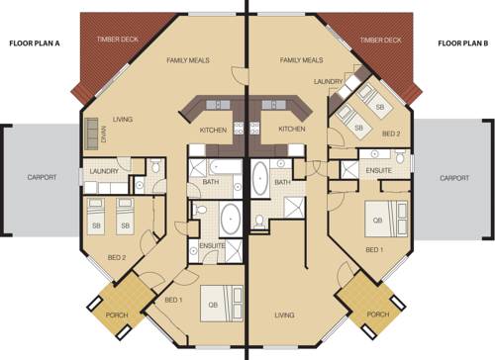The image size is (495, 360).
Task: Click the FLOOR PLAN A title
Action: tap(35, 44)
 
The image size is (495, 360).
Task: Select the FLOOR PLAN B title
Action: tap(462, 44)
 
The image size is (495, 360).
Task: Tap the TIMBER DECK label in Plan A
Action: tap(118, 40)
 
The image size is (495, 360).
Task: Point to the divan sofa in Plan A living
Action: tap(91, 134)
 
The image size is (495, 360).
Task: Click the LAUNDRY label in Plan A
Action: tap(104, 171)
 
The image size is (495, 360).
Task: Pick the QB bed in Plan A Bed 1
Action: tap(222, 304)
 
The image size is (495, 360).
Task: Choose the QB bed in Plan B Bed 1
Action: tap(386, 220)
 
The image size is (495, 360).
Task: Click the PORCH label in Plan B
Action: tap(378, 315)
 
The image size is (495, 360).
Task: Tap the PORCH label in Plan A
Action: tap(117, 315)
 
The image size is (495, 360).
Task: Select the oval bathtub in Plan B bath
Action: tap(260, 178)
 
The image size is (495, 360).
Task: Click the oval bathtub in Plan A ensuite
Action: tap(231, 219)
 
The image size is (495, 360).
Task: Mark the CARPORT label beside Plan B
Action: tap(454, 178)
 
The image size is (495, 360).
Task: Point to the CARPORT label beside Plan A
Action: tap(42, 177)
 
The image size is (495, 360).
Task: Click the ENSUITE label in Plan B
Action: tap(379, 170)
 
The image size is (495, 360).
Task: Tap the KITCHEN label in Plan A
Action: tap(213, 131)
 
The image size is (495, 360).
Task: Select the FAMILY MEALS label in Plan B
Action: tap(301, 60)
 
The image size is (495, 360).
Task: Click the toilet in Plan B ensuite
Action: tap(400, 156)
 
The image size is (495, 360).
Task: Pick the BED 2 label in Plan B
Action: tap(391, 134)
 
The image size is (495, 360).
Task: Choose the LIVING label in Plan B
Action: tap(284, 315)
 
